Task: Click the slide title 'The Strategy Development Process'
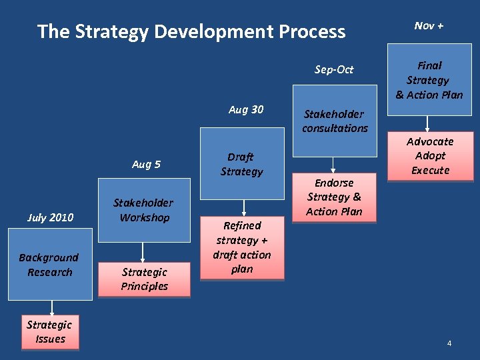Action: pos(191,31)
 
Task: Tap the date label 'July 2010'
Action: pos(50,217)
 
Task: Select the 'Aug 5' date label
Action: pos(145,165)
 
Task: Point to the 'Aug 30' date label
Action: pos(245,110)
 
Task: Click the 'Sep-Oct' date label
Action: pos(334,69)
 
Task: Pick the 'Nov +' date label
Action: pos(429,25)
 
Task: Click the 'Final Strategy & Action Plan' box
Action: pos(429,80)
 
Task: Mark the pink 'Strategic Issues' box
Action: pos(50,332)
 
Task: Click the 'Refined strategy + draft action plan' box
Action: pos(242,247)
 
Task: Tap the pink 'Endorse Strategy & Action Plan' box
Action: pos(334,197)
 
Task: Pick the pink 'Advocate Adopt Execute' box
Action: pos(430,156)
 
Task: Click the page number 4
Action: pos(449,343)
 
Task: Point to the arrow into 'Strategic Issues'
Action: pos(52,307)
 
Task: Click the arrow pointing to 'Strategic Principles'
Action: pos(142,252)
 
